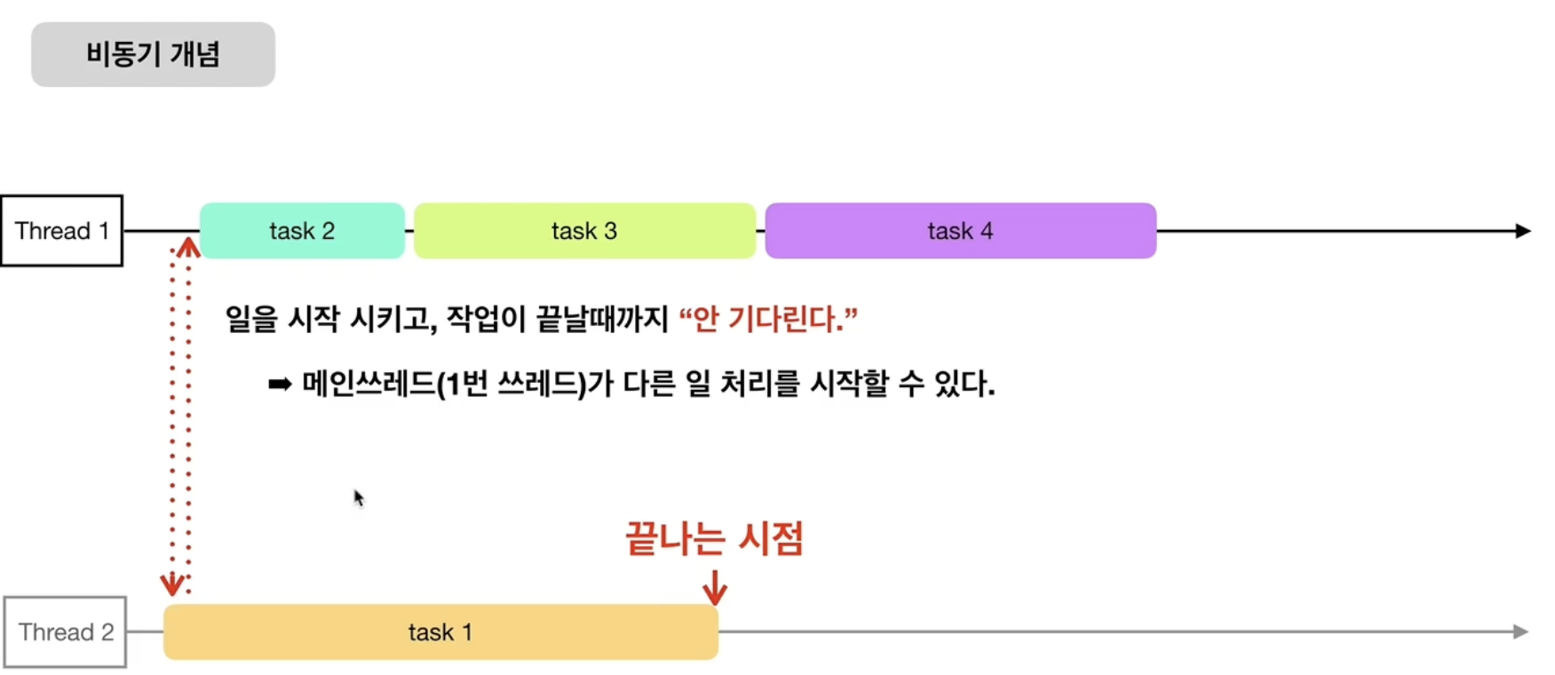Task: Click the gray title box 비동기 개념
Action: (x=153, y=54)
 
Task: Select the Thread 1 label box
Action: (x=61, y=231)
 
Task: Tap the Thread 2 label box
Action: (x=65, y=632)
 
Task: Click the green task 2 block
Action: (x=302, y=231)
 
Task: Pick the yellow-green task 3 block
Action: (x=584, y=231)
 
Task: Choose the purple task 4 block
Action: (x=960, y=231)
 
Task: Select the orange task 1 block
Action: (x=440, y=632)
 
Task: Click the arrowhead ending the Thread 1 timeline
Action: (x=1522, y=231)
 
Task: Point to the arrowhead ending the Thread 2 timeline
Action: (x=1520, y=631)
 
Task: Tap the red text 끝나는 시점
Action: (x=714, y=539)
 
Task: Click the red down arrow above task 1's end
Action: (x=715, y=587)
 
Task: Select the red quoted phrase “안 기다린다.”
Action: (x=768, y=319)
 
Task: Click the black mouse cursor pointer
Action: (x=359, y=498)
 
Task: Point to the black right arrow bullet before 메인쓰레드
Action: (x=280, y=385)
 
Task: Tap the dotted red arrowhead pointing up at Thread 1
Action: (x=187, y=246)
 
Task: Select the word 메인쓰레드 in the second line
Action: (x=369, y=384)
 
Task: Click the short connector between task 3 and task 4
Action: (x=760, y=231)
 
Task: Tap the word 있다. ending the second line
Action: (x=964, y=384)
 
